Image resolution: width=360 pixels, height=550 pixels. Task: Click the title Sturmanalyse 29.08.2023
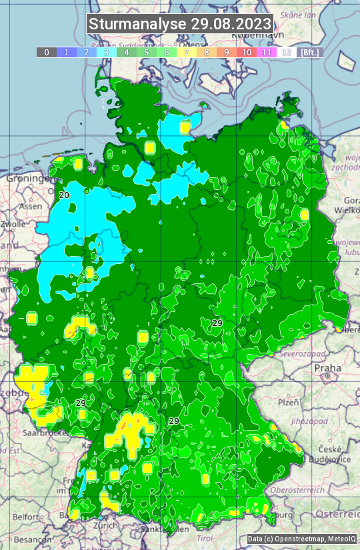180,25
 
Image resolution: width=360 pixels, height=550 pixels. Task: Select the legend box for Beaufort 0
46,52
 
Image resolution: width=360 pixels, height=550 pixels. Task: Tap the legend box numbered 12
287,52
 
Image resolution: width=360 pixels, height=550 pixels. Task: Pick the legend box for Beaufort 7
187,52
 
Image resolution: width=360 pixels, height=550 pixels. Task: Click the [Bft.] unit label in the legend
310,52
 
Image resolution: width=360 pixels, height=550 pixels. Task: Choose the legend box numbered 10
247,52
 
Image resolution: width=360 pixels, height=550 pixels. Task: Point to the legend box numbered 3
106,52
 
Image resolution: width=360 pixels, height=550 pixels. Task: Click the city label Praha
327,368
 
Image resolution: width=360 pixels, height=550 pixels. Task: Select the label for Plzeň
288,403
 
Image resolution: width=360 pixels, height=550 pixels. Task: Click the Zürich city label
106,525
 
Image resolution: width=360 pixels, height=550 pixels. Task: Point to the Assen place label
30,207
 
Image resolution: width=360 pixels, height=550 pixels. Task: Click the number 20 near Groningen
64,195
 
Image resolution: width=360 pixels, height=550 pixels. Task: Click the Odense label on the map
189,101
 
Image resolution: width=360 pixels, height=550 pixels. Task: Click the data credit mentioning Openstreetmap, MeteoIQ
301,539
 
